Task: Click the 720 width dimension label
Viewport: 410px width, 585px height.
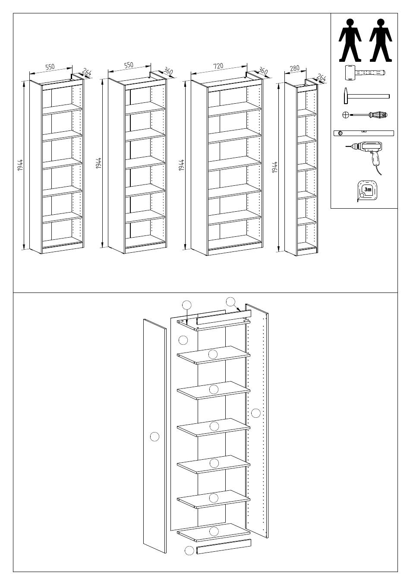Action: [218, 66]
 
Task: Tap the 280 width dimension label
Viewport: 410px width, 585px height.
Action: [295, 68]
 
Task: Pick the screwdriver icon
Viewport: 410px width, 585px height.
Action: [365, 114]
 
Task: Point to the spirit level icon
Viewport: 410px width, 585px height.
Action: [364, 133]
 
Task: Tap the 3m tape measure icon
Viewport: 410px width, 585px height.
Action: [366, 191]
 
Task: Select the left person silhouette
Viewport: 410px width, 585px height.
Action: [350, 40]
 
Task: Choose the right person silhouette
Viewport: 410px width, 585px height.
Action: [381, 40]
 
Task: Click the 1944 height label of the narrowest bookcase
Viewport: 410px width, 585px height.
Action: [275, 167]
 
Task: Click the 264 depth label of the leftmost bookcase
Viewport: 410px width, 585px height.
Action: [86, 72]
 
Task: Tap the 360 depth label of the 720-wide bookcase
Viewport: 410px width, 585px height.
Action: [263, 71]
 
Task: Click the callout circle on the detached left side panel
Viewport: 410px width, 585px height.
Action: [155, 436]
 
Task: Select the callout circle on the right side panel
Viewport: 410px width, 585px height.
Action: [255, 413]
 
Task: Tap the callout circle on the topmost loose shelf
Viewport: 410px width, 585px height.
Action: [213, 354]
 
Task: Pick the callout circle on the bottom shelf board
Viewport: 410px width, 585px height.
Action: [214, 531]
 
